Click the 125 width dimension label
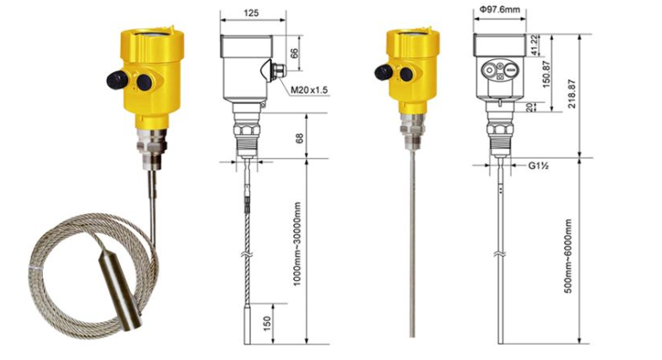pos(251,13)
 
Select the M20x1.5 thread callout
pos(310,90)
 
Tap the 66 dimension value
pos(294,53)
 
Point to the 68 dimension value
pos(299,139)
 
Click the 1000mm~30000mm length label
pos(297,244)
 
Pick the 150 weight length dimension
pos(267,324)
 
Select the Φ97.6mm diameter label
pos(500,9)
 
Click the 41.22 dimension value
pos(535,45)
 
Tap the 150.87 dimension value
pos(546,74)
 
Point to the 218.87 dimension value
pos(572,94)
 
